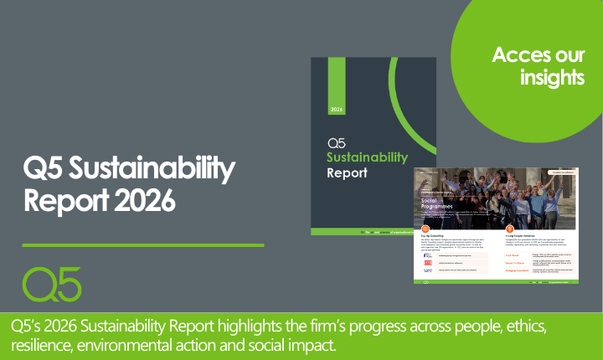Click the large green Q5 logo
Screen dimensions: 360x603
coord(52,285)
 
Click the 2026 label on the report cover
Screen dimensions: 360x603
coord(336,110)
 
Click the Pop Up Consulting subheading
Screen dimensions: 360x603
coord(435,238)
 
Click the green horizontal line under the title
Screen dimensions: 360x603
coord(142,245)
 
